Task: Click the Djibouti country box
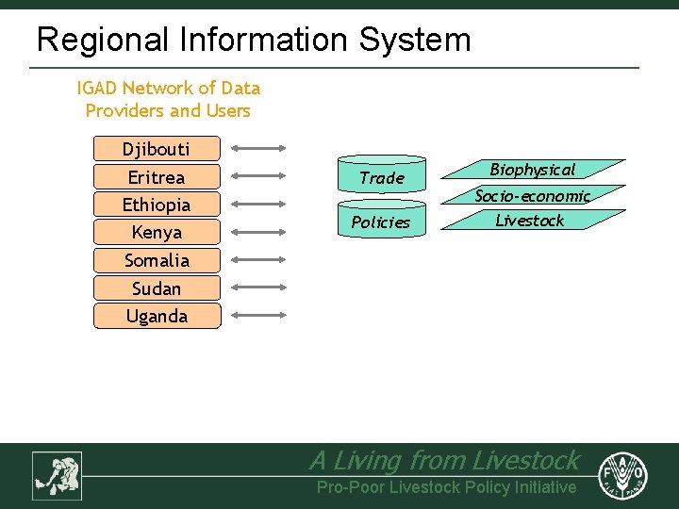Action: click(157, 149)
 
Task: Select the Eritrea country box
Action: click(157, 177)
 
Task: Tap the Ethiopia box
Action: click(157, 205)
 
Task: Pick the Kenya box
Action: click(157, 232)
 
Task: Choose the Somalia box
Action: click(157, 260)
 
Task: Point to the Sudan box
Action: click(157, 288)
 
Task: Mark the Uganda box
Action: click(157, 316)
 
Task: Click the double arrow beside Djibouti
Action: click(258, 148)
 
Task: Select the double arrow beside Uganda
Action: click(258, 316)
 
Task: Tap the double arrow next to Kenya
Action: click(258, 232)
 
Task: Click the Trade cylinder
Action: click(382, 177)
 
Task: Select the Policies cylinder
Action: click(381, 222)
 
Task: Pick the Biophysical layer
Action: click(533, 171)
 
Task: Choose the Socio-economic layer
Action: click(533, 196)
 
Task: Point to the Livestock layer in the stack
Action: click(530, 221)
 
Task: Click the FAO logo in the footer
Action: click(624, 474)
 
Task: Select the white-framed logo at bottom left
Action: click(58, 475)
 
